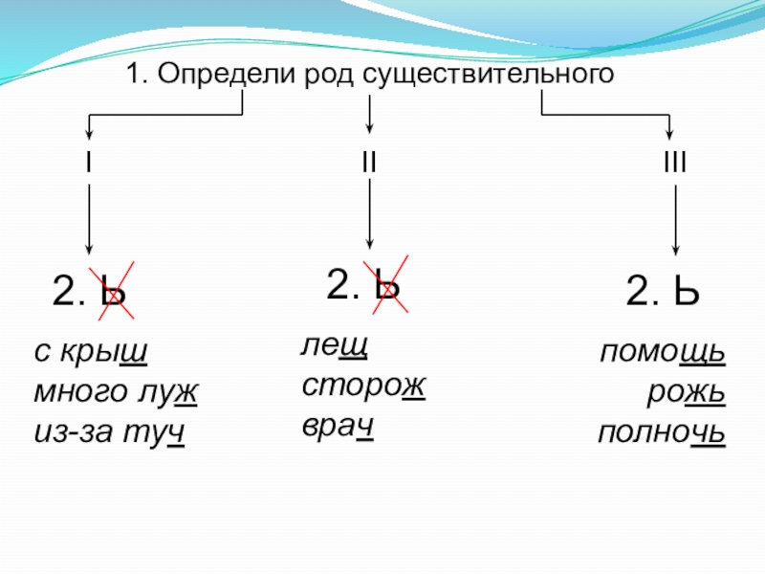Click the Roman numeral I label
pos(89,164)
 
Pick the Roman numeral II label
pos(369,164)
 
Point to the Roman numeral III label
pos(675,164)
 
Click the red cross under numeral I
pos(112,290)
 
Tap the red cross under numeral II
pos(386,283)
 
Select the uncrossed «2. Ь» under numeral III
pos(663,290)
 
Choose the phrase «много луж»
pos(116,392)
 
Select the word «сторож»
pos(363,386)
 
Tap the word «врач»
pos(338,426)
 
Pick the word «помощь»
pos(663,354)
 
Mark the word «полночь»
pos(661,434)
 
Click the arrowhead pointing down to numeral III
pos(671,133)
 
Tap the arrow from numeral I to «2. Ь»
pos(89,220)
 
